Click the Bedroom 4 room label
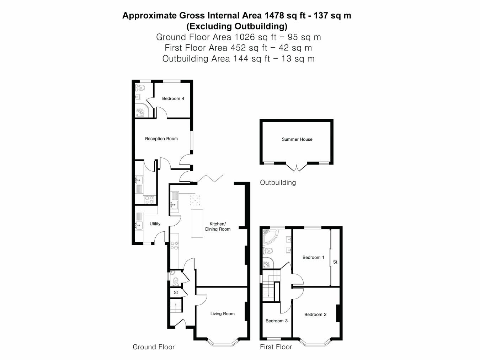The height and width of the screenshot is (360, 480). click(173, 98)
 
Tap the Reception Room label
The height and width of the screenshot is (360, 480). click(161, 139)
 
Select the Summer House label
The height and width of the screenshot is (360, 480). click(297, 139)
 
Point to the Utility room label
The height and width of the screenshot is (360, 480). click(155, 224)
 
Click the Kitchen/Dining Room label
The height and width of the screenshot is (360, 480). click(218, 226)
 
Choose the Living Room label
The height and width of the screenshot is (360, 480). click(222, 313)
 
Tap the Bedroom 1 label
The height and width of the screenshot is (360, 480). click(313, 257)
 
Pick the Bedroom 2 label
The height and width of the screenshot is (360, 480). click(315, 314)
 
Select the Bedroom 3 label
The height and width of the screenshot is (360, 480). click(276, 321)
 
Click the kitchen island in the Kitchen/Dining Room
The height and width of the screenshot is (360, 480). click(197, 223)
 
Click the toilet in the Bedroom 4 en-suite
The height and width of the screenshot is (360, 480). click(141, 87)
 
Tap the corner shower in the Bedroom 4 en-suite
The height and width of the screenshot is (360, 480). click(141, 111)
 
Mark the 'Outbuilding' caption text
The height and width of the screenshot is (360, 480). click(278, 182)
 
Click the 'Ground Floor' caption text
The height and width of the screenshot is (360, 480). click(154, 347)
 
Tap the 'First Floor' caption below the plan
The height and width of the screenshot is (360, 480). click(276, 347)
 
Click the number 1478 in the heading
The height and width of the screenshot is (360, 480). click(274, 15)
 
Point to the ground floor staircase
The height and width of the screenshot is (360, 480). click(176, 306)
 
